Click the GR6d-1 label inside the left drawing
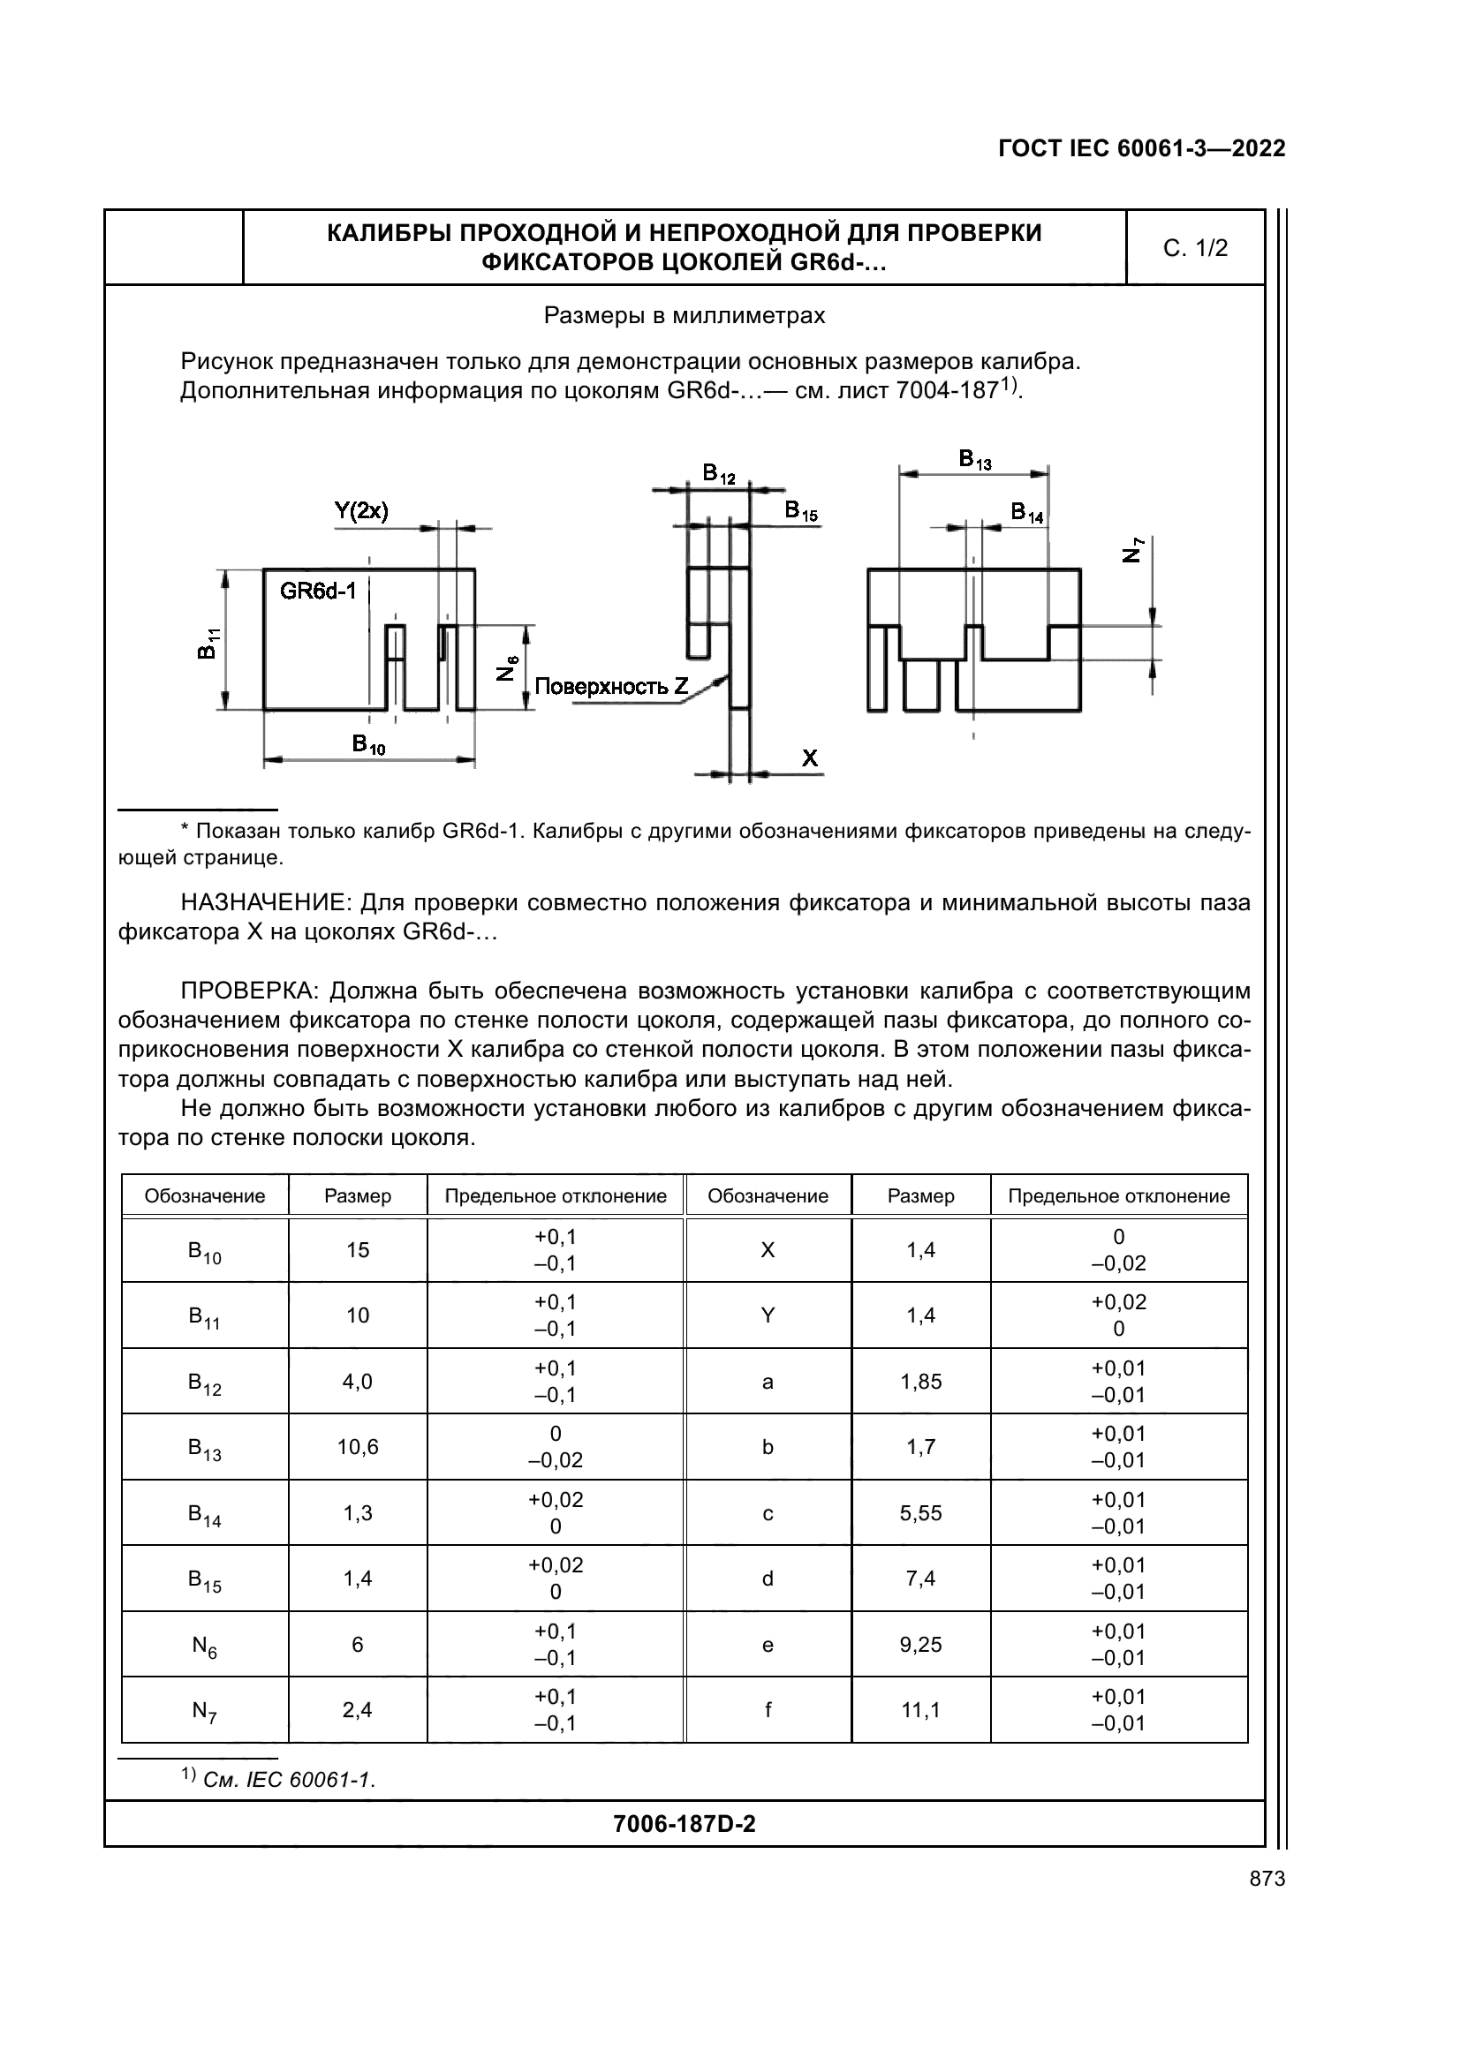click(x=318, y=591)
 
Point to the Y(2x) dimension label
click(x=360, y=512)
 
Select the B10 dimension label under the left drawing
click(x=368, y=743)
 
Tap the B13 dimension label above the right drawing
click(x=974, y=460)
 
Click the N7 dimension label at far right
click(x=1134, y=549)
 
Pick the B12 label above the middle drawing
click(x=719, y=473)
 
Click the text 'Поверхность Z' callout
click(x=611, y=687)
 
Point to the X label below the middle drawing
click(x=810, y=758)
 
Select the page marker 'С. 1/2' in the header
click(x=1195, y=248)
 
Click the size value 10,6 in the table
click(x=358, y=1446)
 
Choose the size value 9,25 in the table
click(x=920, y=1644)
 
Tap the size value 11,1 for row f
click(x=920, y=1710)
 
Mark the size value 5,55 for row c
click(x=920, y=1513)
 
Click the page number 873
click(x=1267, y=1879)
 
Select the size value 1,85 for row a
click(x=920, y=1382)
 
